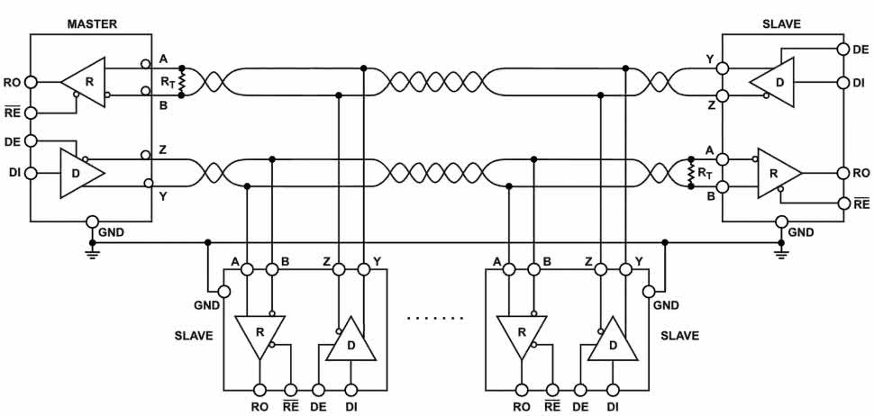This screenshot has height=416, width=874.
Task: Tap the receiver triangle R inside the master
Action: [x=85, y=80]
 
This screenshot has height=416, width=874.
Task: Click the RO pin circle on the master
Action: [x=31, y=81]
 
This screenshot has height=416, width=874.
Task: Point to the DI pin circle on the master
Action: [x=31, y=172]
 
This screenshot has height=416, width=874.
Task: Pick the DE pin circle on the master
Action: [x=31, y=141]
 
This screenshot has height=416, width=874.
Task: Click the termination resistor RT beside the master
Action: [x=183, y=81]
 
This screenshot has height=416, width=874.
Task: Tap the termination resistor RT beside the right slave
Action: [x=692, y=173]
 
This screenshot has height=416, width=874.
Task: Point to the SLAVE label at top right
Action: [x=780, y=23]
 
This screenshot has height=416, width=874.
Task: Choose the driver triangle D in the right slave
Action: [x=774, y=82]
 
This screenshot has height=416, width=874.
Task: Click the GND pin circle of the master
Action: [x=92, y=222]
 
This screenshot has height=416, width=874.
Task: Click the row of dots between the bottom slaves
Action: [x=435, y=318]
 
